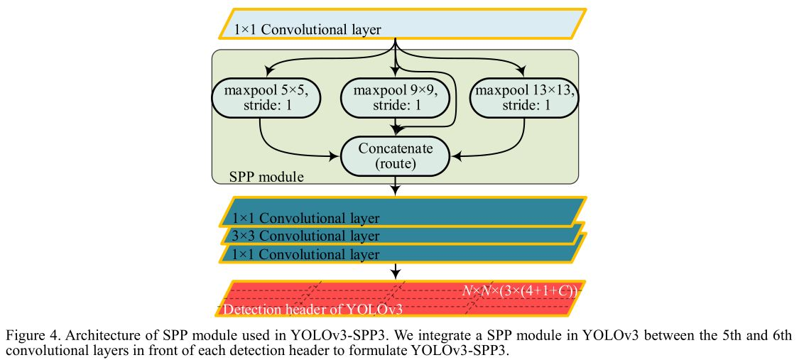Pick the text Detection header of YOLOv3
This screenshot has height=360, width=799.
[x=313, y=310]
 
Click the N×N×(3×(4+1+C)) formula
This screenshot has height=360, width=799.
[x=520, y=290]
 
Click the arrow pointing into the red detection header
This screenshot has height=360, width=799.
[x=396, y=271]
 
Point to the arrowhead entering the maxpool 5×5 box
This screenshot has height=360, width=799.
[x=266, y=72]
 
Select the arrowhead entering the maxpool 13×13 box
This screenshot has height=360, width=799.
[x=523, y=72]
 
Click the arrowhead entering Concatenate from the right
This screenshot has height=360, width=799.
[x=456, y=154]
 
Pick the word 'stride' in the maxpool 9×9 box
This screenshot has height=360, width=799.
[x=389, y=105]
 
